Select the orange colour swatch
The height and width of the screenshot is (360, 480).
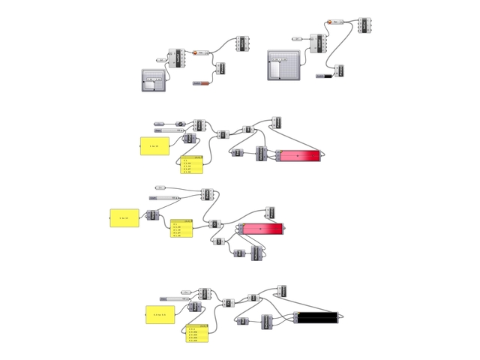point(204,82)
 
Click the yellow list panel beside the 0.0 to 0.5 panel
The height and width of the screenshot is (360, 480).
point(196,332)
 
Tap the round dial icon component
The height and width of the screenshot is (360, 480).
point(180,123)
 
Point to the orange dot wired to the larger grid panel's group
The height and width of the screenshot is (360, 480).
point(328,23)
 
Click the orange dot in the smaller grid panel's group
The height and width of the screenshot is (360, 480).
point(194,52)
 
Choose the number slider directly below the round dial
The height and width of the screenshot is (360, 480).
point(169,130)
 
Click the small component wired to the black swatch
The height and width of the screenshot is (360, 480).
point(340,70)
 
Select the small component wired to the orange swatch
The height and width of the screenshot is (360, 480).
point(220,68)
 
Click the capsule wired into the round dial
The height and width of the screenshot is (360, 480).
point(160,123)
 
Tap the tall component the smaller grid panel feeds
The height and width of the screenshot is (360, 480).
point(181,57)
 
